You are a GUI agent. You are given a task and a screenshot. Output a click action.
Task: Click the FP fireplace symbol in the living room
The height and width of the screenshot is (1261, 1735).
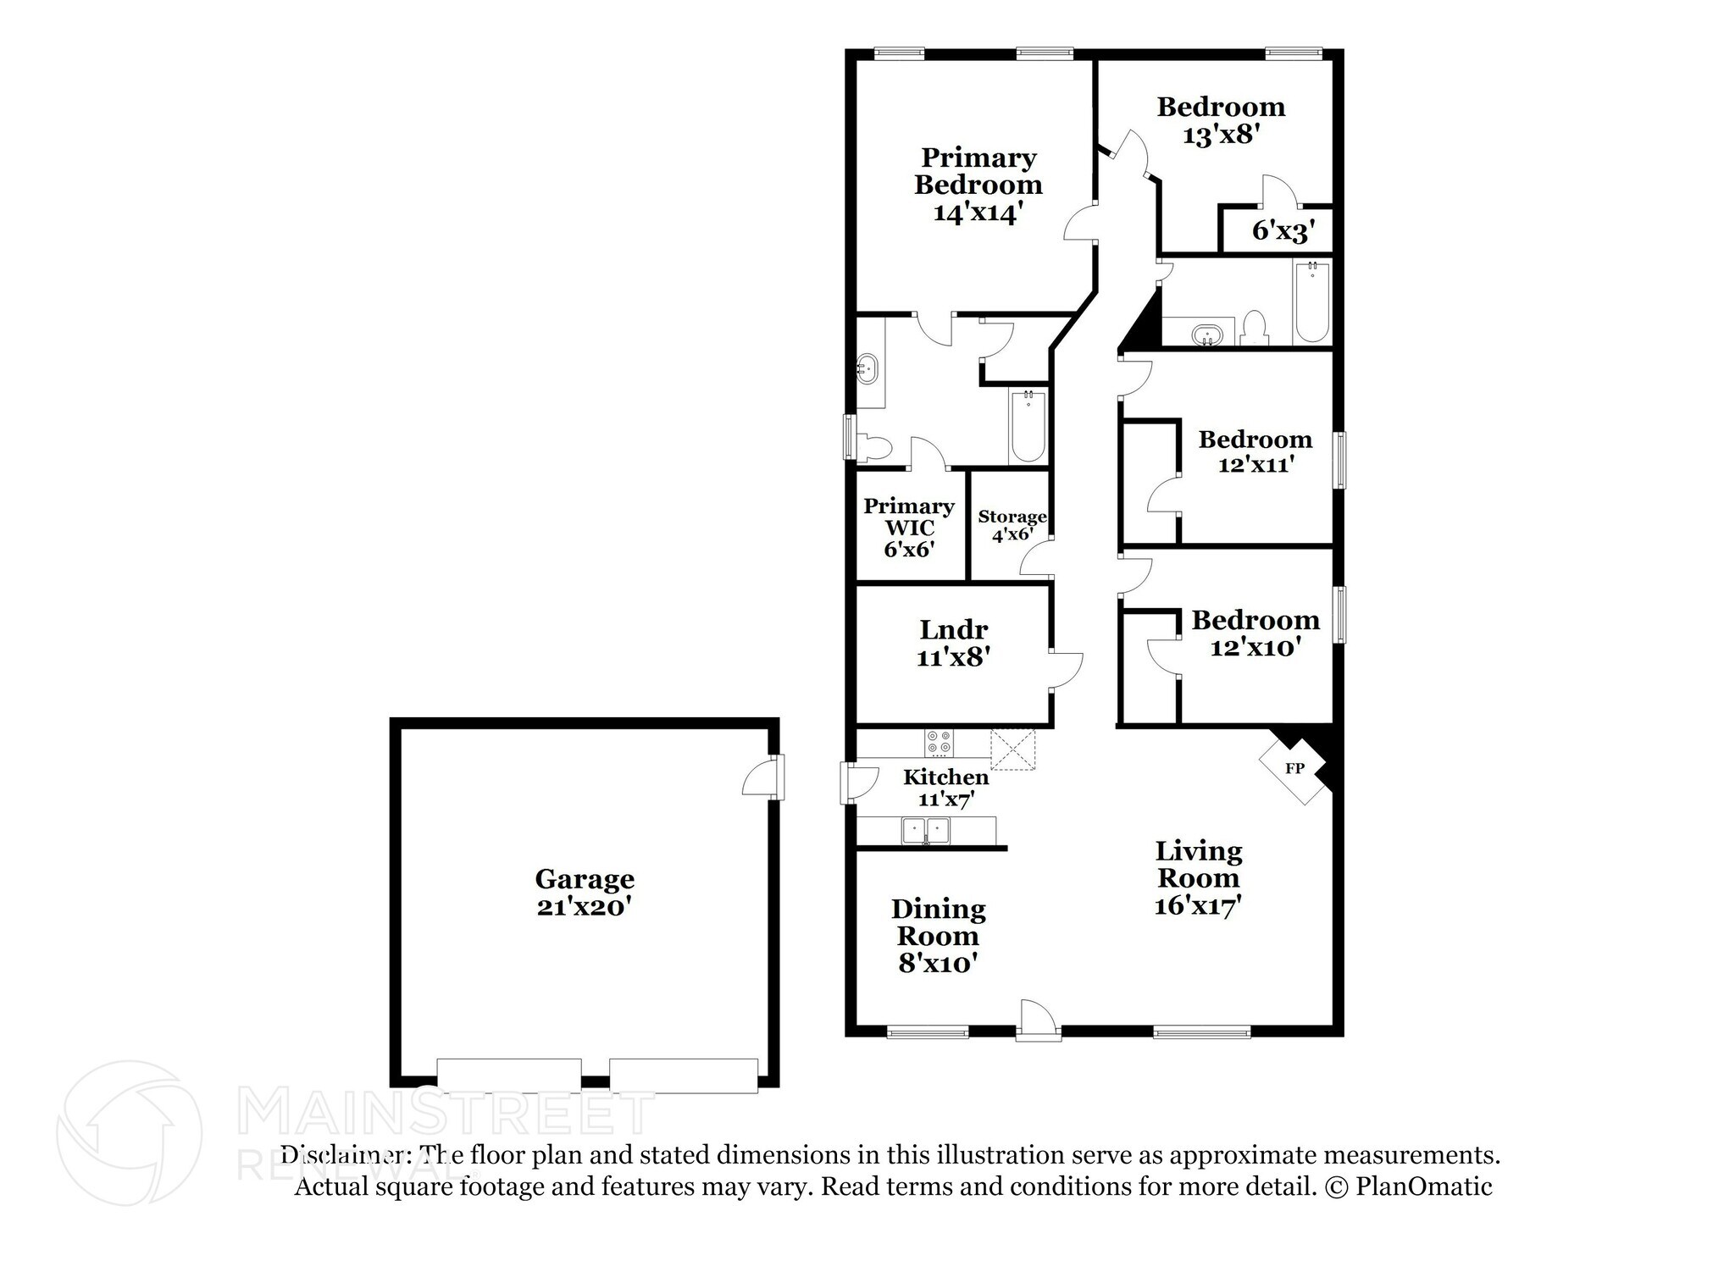point(1294,768)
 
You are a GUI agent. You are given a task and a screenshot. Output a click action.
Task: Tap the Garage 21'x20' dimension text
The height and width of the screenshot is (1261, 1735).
point(584,907)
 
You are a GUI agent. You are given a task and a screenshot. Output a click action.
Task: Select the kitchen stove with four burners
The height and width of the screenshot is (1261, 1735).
point(939,743)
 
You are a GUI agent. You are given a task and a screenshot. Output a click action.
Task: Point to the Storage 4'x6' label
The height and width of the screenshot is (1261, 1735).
point(1012,525)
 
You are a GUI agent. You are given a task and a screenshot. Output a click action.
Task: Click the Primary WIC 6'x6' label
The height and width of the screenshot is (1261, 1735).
point(909,527)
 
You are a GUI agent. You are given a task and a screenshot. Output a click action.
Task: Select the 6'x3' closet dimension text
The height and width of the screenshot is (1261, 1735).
point(1282,230)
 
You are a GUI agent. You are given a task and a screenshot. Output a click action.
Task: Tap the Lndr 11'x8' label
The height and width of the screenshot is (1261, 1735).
point(953,642)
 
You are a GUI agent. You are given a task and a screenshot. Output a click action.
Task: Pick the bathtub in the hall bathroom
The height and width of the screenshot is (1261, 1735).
point(1312,302)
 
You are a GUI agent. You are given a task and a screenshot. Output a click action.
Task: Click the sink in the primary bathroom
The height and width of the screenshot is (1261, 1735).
point(867,369)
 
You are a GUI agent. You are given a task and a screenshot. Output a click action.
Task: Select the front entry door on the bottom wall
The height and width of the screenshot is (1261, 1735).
point(1038,1020)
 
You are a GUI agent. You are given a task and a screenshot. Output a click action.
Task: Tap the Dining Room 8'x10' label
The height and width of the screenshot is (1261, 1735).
point(938,936)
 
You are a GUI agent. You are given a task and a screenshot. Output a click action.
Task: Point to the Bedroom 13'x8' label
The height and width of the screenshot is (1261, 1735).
point(1221,120)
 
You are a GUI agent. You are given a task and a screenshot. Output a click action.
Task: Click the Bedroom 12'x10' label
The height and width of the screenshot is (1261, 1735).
point(1255,633)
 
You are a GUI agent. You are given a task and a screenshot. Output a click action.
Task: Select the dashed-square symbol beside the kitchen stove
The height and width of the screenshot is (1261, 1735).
point(1013,749)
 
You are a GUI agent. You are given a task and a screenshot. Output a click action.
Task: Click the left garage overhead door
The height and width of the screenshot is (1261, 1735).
point(509,1073)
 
